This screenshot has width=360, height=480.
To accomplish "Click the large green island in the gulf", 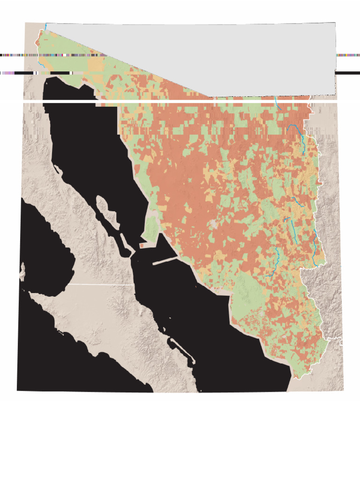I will point(151,227).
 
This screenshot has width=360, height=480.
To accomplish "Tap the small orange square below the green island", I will point(142,246).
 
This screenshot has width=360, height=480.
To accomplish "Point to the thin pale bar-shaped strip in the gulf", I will point(165,261).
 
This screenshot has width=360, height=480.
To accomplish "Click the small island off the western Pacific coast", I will point(22,272).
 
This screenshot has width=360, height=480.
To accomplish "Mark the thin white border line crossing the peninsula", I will point(101,284).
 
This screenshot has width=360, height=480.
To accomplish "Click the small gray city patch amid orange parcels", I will point(215,224).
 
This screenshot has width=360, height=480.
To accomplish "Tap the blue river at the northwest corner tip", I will point(46,26).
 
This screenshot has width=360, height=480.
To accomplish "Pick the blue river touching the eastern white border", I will point(315,253).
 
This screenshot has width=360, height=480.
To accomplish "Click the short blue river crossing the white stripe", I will point(277,104).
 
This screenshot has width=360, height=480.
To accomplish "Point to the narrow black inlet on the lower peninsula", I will point(178,347).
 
